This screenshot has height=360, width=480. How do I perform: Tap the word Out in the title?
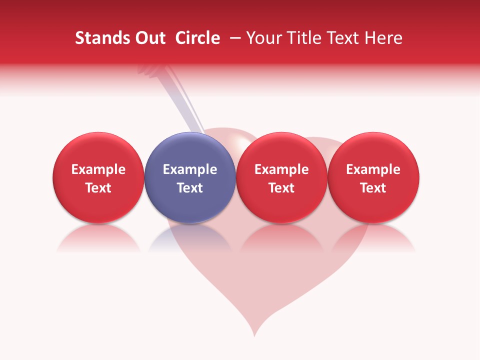point(148,38)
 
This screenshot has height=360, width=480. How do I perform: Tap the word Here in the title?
point(383,38)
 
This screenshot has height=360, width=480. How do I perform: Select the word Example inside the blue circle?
point(190,169)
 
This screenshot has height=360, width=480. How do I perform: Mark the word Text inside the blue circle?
point(190,188)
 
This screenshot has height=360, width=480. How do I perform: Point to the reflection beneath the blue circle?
point(190,240)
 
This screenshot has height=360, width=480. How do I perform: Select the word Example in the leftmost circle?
point(98,169)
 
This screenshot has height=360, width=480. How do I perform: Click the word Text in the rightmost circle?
point(373,188)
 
